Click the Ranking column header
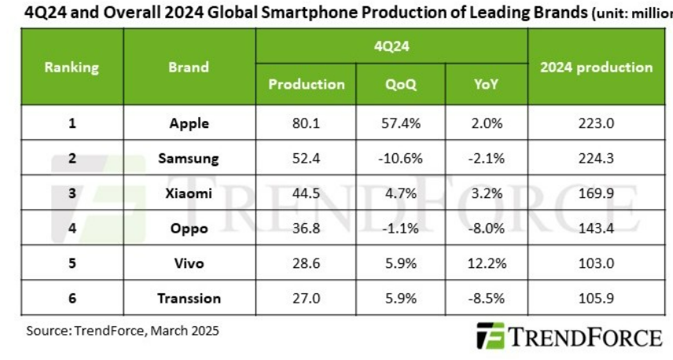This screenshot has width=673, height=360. click(x=72, y=68)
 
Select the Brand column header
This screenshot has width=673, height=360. click(x=189, y=67)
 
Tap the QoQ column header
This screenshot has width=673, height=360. click(x=400, y=84)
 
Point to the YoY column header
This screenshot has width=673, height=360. click(x=486, y=84)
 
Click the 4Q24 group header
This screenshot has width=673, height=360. click(x=392, y=46)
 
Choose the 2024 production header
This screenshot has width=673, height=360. click(x=596, y=68)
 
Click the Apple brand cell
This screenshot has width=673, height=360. click(x=189, y=123)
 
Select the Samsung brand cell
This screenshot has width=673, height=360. click(x=189, y=158)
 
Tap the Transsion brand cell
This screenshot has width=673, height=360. click(x=189, y=298)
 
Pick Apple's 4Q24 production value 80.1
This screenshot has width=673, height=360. click(x=306, y=123)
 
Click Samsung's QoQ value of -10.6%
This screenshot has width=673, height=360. click(x=400, y=158)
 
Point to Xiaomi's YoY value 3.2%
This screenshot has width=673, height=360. click(x=486, y=193)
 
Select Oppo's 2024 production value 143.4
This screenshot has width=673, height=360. click(x=596, y=228)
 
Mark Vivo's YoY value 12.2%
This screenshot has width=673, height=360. click(x=487, y=263)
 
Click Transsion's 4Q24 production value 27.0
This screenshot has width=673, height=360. click(x=306, y=298)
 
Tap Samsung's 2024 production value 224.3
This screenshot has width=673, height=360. click(x=596, y=158)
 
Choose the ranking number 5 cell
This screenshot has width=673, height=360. click(x=72, y=263)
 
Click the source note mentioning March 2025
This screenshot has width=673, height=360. click(x=123, y=331)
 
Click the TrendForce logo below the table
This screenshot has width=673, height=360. click(x=569, y=336)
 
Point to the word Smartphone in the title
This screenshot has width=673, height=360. click(x=311, y=13)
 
